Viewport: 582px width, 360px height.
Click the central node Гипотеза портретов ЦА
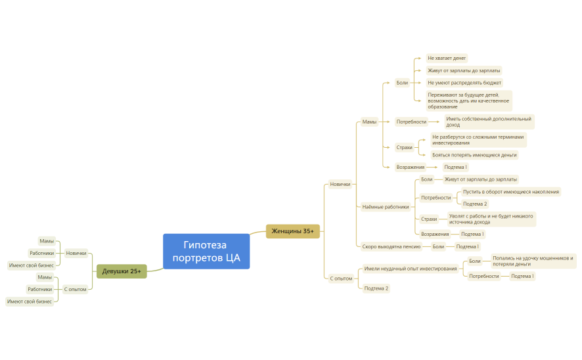point(206,252)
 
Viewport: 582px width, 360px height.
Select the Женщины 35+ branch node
point(293,231)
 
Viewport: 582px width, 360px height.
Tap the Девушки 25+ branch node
point(122,271)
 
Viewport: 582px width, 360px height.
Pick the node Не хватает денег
point(447,58)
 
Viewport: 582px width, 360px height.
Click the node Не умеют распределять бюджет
point(464,83)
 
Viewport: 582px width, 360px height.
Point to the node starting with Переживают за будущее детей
point(468,100)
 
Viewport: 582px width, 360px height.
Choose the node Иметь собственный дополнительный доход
point(489,122)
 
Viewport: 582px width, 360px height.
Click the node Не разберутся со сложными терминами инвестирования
point(478,139)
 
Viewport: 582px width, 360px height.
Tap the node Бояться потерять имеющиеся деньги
point(474,155)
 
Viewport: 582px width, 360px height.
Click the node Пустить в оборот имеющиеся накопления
point(511,191)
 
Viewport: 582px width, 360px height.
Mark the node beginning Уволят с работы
point(491,219)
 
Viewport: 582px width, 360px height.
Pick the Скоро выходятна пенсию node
point(392,246)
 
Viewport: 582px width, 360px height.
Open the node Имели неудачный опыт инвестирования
point(411,269)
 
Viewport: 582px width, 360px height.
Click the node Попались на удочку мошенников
point(533,261)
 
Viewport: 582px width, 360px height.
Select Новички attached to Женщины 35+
point(340,185)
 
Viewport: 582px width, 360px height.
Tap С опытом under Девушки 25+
point(75,289)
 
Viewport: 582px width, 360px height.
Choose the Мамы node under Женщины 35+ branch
point(369,122)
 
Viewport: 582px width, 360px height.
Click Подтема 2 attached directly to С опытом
point(376,288)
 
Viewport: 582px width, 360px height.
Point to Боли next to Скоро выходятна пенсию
point(438,246)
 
